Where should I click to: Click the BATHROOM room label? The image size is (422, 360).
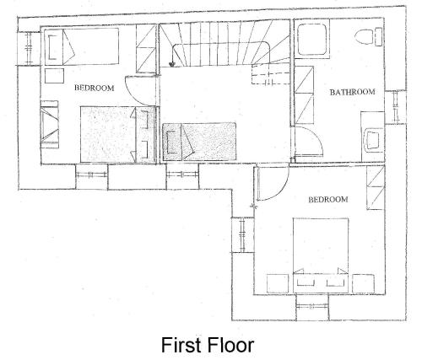(x=352, y=92)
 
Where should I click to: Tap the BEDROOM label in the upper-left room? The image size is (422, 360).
(x=95, y=88)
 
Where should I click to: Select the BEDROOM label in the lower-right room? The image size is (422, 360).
(x=328, y=200)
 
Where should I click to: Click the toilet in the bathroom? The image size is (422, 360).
(x=368, y=36)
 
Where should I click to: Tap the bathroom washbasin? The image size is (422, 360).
(x=373, y=140)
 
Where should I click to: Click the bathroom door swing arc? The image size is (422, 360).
(x=317, y=136)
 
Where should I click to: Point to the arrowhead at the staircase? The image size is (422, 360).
(x=171, y=65)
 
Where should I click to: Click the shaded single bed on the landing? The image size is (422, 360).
(x=199, y=142)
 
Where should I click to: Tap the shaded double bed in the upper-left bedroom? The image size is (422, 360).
(x=117, y=134)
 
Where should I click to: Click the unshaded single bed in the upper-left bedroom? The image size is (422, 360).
(x=81, y=46)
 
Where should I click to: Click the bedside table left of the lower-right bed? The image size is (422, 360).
(x=278, y=283)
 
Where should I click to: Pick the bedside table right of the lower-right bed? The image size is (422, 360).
(x=363, y=283)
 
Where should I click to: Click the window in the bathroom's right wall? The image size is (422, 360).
(x=395, y=107)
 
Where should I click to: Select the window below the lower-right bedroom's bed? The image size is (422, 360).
(x=312, y=306)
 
